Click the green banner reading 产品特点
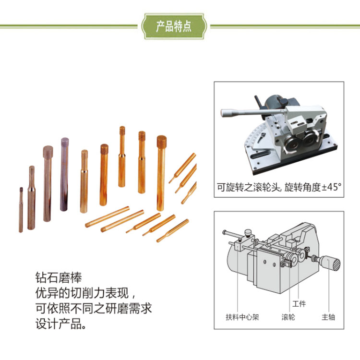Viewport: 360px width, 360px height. pos(174,26)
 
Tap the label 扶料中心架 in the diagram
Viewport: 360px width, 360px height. pos(242,317)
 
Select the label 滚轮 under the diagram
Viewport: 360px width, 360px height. pos(288,317)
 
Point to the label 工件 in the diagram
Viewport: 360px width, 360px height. pos(299,303)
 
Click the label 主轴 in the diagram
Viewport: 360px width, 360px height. pos(328,317)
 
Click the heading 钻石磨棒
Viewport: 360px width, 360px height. pos(59,277)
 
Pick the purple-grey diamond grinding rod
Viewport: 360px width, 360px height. pos(64,174)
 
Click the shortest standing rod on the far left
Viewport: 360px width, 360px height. pos(21,210)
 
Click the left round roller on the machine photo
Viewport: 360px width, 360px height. pos(292,144)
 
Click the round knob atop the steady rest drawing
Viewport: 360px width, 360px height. pos(248,233)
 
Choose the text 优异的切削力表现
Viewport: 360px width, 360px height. pos(82,293)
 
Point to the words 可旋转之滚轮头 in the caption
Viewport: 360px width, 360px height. pos(248,187)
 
